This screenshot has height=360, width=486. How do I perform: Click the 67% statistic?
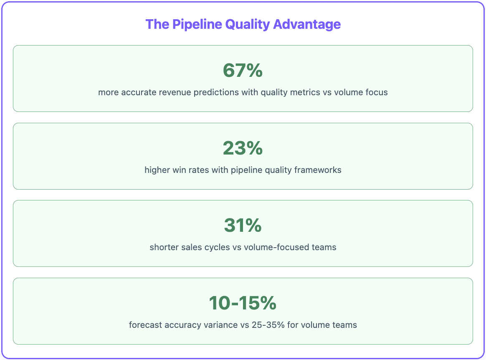[243, 71]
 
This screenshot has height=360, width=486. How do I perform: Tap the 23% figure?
[243, 148]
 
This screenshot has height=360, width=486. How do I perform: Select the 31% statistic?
[243, 226]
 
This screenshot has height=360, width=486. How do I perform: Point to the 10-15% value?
[243, 303]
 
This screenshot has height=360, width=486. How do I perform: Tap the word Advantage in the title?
[307, 24]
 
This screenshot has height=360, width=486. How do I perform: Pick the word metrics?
[305, 92]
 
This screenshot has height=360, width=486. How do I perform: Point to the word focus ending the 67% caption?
[377, 92]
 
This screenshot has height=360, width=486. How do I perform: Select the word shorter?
[164, 247]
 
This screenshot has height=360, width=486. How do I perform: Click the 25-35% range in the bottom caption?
[268, 325]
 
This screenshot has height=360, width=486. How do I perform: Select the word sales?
[192, 247]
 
